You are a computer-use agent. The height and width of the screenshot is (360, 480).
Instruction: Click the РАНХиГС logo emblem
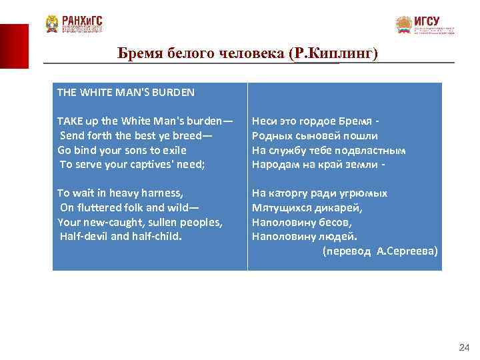click(52, 24)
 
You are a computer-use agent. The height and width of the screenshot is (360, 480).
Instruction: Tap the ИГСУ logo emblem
click(404, 25)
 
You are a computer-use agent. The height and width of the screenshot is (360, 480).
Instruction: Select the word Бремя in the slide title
click(138, 53)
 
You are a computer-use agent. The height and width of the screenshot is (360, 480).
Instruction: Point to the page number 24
click(465, 347)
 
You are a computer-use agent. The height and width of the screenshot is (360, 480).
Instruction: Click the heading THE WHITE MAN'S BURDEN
click(125, 93)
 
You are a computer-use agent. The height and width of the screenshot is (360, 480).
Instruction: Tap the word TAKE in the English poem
click(69, 121)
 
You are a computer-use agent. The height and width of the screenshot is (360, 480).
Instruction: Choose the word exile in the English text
click(172, 150)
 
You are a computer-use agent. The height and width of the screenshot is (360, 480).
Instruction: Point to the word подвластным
click(372, 150)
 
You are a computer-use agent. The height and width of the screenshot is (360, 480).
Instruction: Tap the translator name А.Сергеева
click(407, 251)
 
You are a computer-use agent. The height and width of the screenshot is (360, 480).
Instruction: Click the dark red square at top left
click(14, 46)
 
